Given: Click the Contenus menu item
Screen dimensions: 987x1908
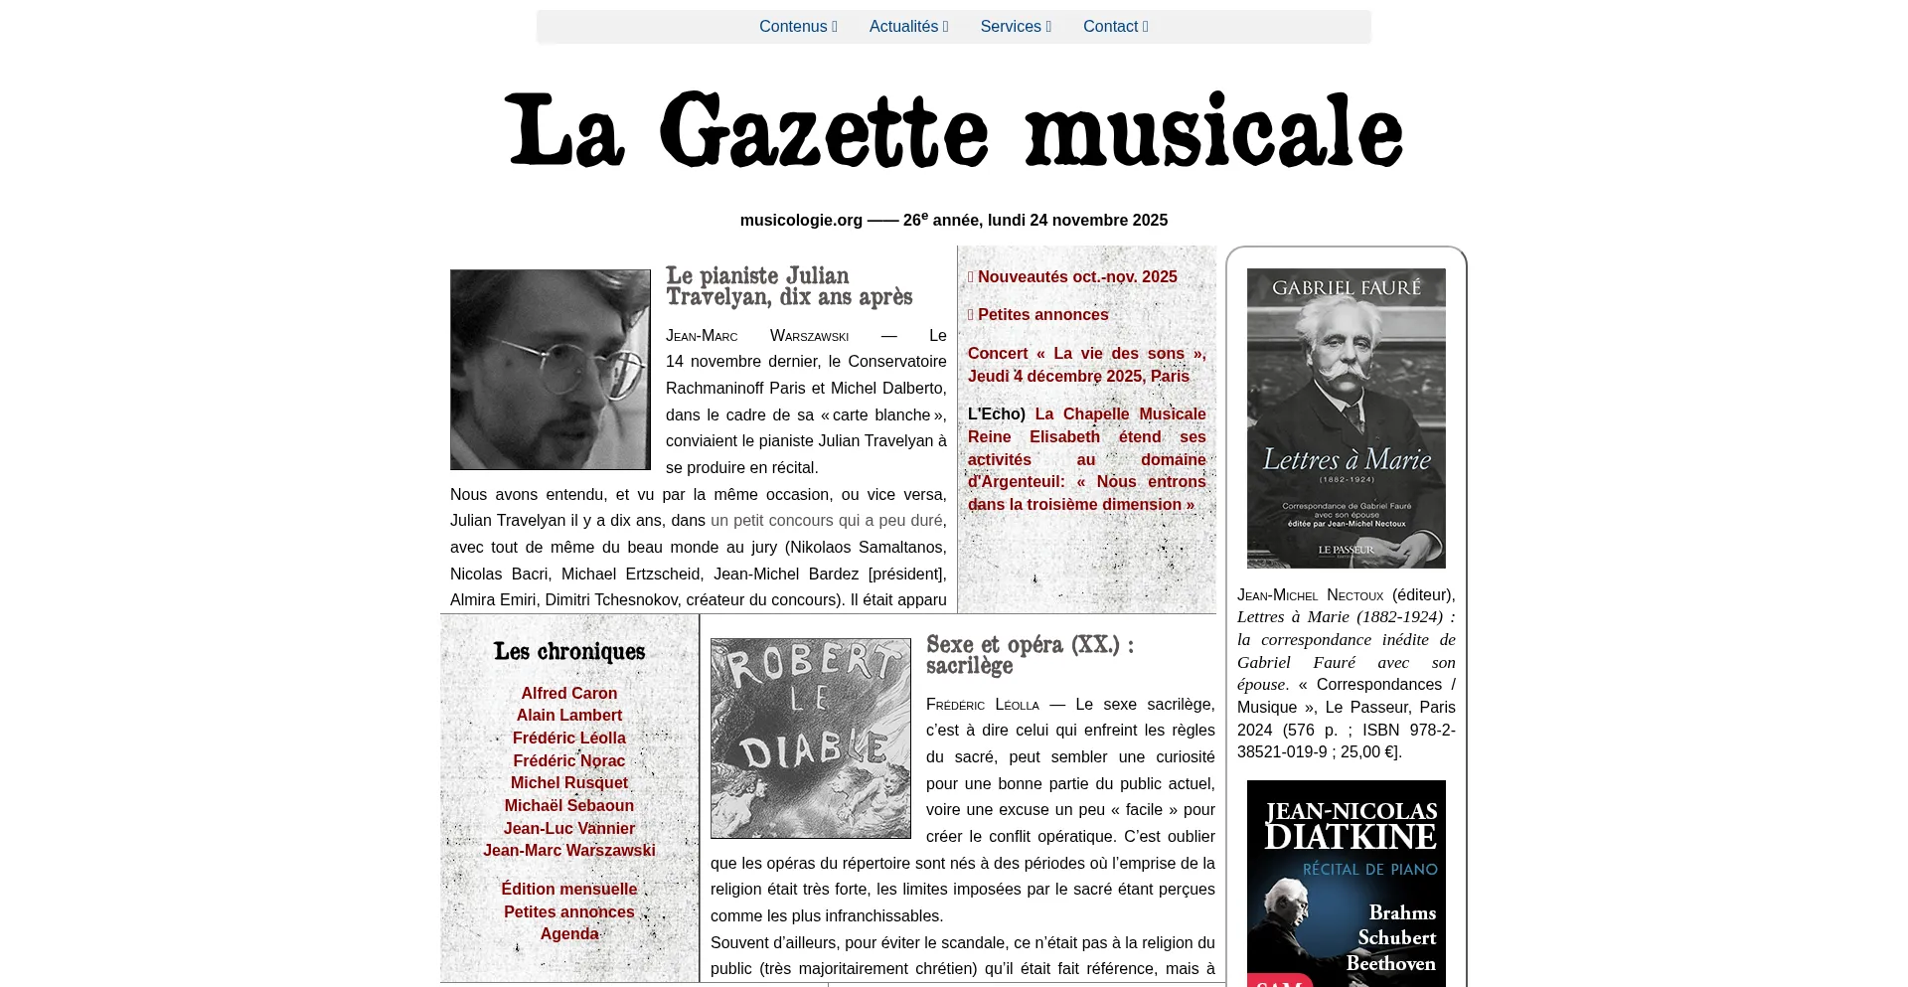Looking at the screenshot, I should click(x=797, y=27).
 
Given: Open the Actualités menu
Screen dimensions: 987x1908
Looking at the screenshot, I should click(x=907, y=27).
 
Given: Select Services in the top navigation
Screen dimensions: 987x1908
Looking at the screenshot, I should click(x=1015, y=27).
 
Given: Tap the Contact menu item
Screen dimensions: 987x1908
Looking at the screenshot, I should click(x=1114, y=27).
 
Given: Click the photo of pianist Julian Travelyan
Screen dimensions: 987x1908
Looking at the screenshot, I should click(x=551, y=370).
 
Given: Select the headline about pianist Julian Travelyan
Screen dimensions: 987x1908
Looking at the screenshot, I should click(x=789, y=286).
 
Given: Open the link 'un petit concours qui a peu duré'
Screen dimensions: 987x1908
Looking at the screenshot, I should click(x=826, y=521).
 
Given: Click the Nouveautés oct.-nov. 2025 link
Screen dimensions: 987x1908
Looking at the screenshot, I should click(x=1076, y=277).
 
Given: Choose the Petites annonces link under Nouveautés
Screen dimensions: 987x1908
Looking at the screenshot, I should click(x=1042, y=315).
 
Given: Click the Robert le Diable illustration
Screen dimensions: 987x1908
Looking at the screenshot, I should click(x=811, y=739).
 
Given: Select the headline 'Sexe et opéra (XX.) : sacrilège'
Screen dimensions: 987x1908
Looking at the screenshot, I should click(x=1030, y=655).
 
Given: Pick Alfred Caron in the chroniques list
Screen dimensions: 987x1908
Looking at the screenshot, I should click(x=569, y=694).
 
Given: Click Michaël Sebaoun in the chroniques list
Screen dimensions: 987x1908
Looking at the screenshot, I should click(x=569, y=806).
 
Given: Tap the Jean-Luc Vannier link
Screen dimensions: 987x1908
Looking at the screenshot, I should click(x=569, y=829).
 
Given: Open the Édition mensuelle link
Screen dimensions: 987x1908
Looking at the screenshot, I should click(x=569, y=890).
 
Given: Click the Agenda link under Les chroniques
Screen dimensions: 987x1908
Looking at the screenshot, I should click(x=569, y=934).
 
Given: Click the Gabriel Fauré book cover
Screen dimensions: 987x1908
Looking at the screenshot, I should click(x=1347, y=418).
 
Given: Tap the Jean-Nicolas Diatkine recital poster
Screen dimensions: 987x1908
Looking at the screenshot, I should click(x=1347, y=884).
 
